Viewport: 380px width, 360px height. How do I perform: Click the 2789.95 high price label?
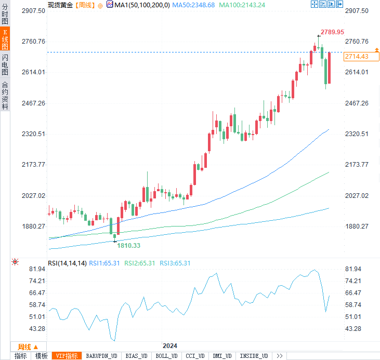(x=332, y=32)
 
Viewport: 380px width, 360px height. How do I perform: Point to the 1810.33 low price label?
(x=128, y=245)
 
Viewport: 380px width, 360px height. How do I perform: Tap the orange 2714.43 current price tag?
(x=356, y=57)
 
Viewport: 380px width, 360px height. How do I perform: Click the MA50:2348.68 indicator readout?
(x=193, y=5)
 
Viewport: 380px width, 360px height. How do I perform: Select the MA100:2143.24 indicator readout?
(x=242, y=5)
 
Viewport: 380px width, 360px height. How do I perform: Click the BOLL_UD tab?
(x=166, y=356)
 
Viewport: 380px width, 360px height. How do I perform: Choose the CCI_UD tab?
(x=195, y=356)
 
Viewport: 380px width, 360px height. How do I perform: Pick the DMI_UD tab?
(x=222, y=356)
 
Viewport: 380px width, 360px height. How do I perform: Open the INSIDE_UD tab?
(x=253, y=356)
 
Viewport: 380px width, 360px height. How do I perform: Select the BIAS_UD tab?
(x=137, y=356)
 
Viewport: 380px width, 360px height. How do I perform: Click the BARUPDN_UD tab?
(x=101, y=356)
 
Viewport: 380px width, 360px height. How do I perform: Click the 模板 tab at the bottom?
(x=41, y=356)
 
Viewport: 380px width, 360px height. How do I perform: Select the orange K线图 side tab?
(x=5, y=39)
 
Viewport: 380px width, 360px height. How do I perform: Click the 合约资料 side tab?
(x=5, y=96)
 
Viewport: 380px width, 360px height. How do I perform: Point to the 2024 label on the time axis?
(x=169, y=346)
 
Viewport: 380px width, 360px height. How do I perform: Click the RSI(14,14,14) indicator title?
(x=67, y=263)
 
